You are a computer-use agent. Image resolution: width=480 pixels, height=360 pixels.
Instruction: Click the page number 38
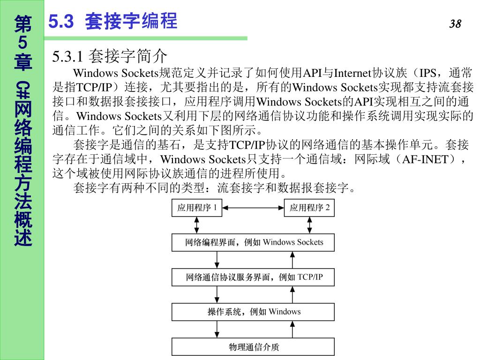pos(455,24)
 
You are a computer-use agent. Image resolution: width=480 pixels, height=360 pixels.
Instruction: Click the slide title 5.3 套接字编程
pos(113,22)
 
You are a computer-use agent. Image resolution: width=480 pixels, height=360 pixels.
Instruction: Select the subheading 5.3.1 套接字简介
pos(110,56)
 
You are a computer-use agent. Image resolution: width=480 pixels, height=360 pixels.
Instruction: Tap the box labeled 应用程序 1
pos(197,208)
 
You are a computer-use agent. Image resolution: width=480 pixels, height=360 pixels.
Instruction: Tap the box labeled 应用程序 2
pos(310,208)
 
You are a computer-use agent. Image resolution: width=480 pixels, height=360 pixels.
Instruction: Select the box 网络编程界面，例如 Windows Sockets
pos(254,242)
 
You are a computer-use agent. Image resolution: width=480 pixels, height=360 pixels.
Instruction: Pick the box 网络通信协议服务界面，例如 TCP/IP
pos(254,277)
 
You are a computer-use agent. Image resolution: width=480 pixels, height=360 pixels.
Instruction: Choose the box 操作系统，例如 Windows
pos(254,312)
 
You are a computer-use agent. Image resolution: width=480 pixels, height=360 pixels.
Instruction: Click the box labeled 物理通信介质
pos(254,347)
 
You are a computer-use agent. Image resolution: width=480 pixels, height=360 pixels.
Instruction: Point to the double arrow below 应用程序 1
pos(197,225)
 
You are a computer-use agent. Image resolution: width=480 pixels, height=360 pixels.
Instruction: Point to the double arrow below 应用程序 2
pos(310,225)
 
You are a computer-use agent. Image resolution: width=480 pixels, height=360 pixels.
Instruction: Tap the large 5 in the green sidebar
pos(22,43)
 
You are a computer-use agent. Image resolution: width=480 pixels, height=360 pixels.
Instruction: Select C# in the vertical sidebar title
pos(23,89)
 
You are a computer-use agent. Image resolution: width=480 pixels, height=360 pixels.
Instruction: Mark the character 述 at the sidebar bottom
pos(23,237)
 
